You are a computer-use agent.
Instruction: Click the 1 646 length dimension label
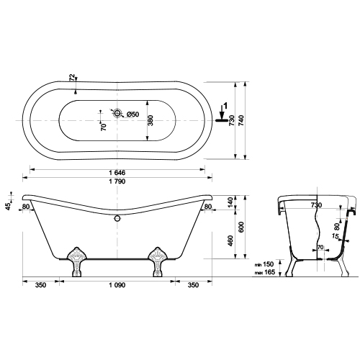(117, 172)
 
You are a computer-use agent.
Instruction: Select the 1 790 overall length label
(117, 181)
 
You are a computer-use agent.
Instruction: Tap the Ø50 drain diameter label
(132, 114)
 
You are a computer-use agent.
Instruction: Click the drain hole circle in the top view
(117, 112)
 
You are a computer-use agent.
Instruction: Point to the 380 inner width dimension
(150, 120)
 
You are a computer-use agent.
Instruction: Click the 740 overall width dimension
(241, 120)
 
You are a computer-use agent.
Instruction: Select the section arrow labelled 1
(222, 112)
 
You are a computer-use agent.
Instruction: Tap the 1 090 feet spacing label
(117, 285)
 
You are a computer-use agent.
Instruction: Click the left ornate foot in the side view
(76, 262)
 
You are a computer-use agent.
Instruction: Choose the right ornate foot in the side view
(158, 262)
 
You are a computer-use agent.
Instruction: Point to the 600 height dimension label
(241, 227)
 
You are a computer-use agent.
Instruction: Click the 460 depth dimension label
(230, 240)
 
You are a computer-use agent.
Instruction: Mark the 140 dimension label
(230, 202)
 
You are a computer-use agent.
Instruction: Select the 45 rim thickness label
(9, 206)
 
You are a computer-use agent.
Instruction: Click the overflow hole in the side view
(117, 218)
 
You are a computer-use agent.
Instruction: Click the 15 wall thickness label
(336, 236)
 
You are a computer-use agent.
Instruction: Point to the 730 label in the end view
(316, 205)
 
